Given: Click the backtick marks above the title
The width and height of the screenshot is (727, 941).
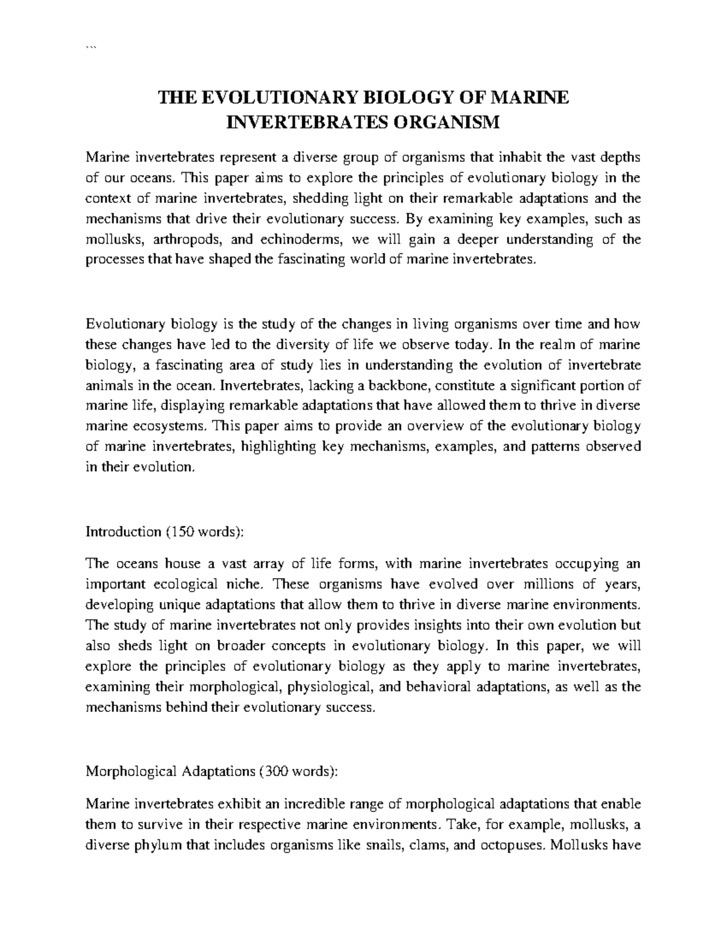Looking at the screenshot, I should point(91,49).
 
